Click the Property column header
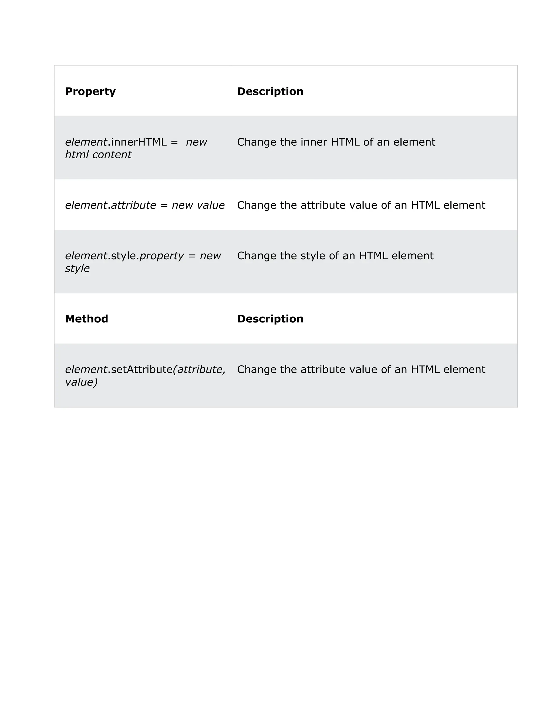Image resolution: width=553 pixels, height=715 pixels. [x=90, y=91]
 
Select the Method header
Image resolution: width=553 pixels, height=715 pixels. [x=86, y=319]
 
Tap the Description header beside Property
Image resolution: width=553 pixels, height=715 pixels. [x=270, y=91]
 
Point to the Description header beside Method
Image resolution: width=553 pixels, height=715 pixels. [x=270, y=319]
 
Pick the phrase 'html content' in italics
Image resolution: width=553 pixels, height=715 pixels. [x=98, y=155]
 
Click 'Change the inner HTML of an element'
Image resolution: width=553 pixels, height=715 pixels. [x=336, y=142]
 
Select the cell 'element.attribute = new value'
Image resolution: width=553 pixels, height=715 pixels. [x=145, y=205]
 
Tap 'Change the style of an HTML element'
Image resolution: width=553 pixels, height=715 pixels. [x=335, y=256]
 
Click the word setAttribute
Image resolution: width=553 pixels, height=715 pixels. [x=141, y=369]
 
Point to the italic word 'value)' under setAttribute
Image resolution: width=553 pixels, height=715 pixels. [x=81, y=382]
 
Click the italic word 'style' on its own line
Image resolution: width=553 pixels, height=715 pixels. [x=77, y=268]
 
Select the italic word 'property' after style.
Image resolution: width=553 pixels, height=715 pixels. [x=161, y=256]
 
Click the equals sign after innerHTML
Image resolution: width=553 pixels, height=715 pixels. [x=174, y=142]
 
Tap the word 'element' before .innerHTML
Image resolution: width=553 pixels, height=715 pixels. [x=86, y=142]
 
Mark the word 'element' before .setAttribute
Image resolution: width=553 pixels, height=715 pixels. [x=86, y=369]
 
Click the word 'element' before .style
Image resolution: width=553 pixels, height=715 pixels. [x=86, y=256]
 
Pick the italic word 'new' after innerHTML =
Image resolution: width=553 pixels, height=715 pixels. [x=197, y=142]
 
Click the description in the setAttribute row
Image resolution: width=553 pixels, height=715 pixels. [x=361, y=369]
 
